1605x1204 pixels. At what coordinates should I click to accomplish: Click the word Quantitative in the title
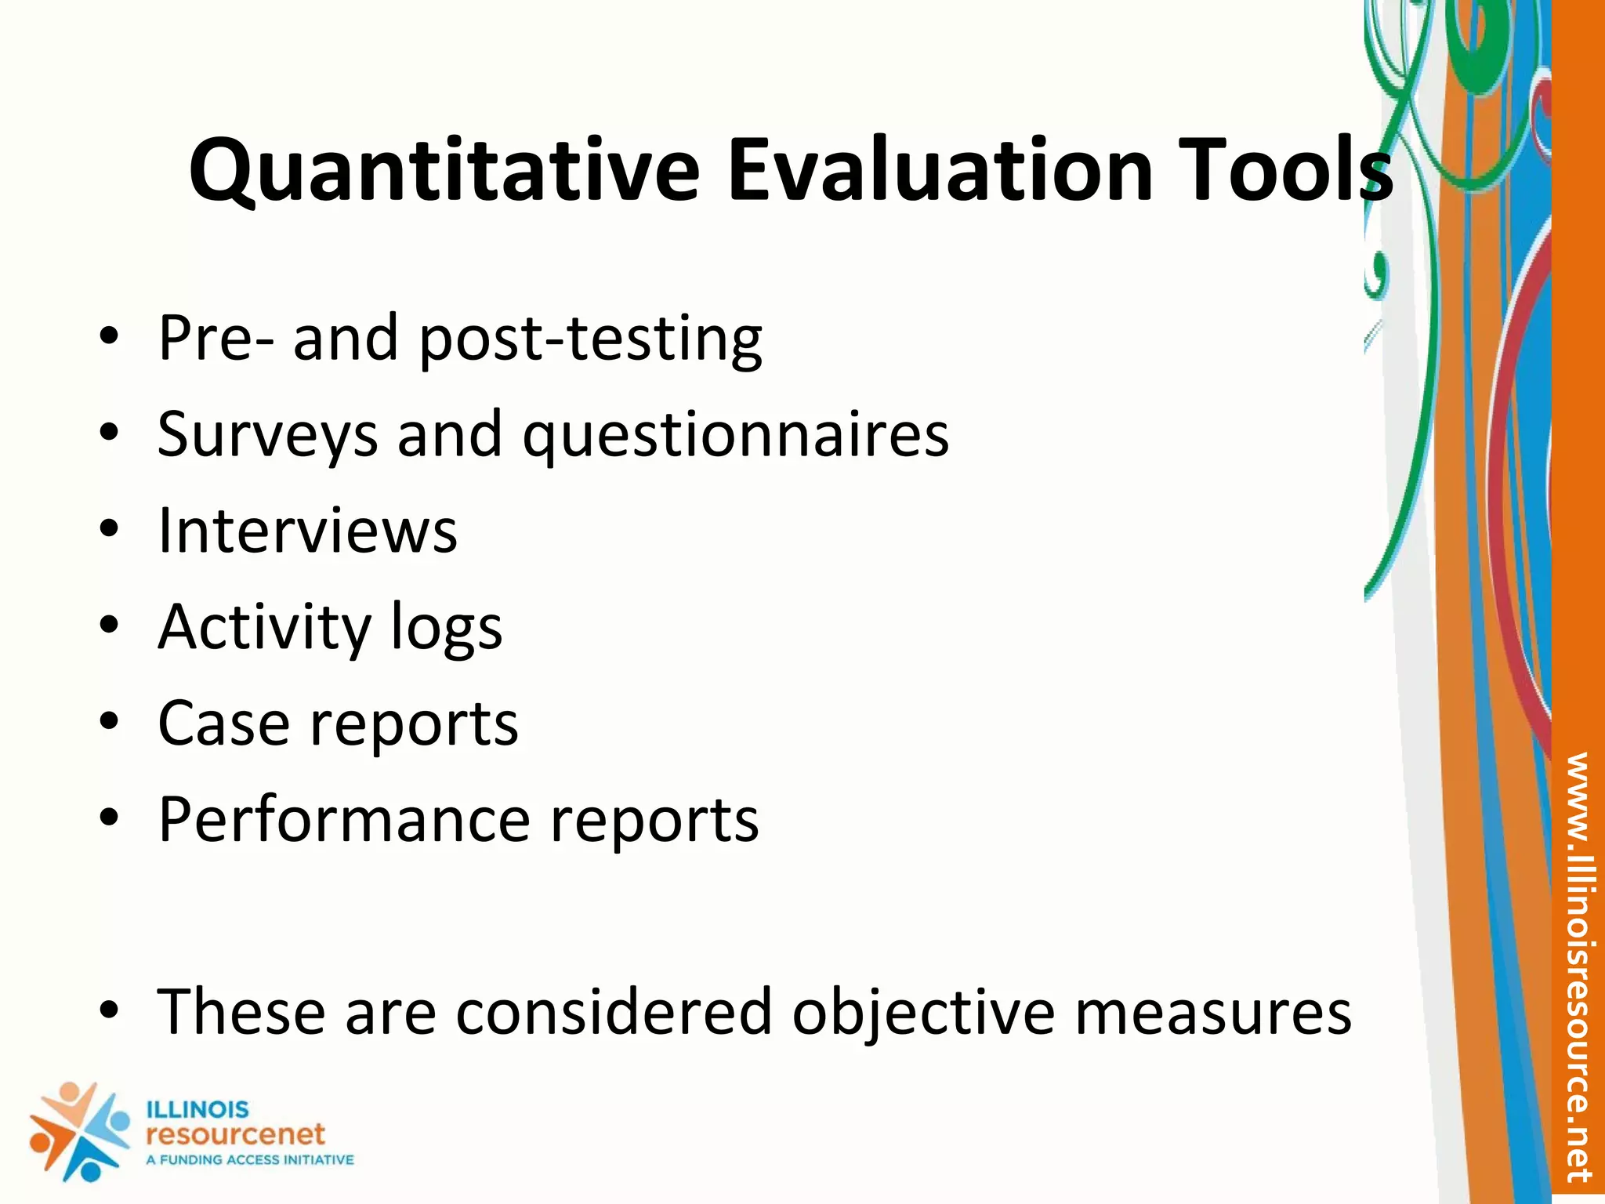click(x=444, y=171)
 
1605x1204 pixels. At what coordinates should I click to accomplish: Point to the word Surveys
click(x=267, y=436)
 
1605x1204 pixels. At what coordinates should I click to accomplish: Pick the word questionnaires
click(x=736, y=436)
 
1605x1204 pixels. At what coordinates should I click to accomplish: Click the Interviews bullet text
click(x=307, y=531)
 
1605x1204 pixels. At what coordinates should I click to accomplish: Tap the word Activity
click(x=264, y=628)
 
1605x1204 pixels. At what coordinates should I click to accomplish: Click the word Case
click(x=223, y=723)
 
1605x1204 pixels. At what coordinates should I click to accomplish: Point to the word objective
click(x=924, y=1012)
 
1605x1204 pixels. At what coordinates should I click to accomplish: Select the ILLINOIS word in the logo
click(x=197, y=1110)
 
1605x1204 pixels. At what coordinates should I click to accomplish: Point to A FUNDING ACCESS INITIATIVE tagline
click(x=250, y=1160)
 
